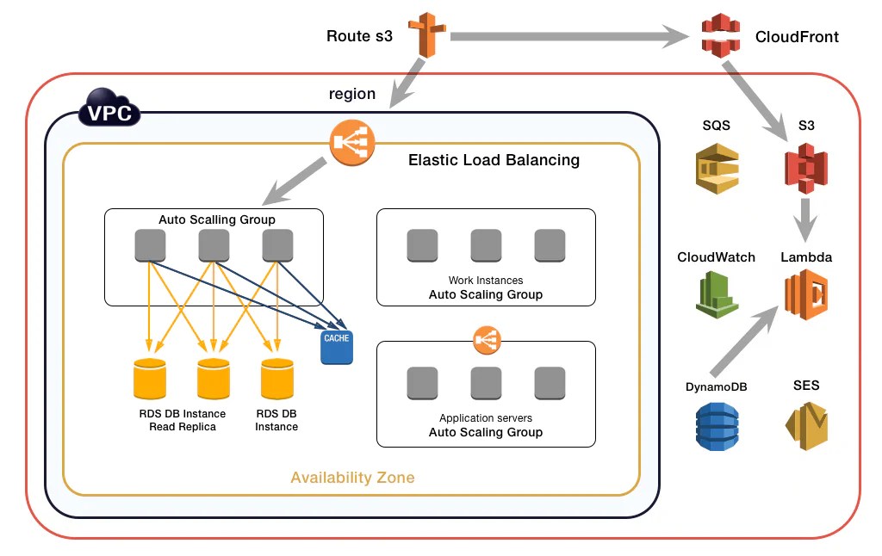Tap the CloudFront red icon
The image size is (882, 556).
pyautogui.click(x=721, y=36)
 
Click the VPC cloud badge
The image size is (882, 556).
pyautogui.click(x=110, y=112)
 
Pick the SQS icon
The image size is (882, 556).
pyautogui.click(x=717, y=167)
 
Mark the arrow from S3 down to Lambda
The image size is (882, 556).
pyautogui.click(x=806, y=219)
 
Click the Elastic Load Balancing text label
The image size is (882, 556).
pyautogui.click(x=494, y=160)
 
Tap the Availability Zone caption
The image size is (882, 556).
pyautogui.click(x=352, y=478)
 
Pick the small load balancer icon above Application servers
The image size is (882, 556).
pyautogui.click(x=487, y=340)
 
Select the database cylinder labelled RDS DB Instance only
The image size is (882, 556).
pyautogui.click(x=276, y=377)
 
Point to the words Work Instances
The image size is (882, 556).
pyautogui.click(x=486, y=281)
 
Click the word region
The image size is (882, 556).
pyautogui.click(x=352, y=94)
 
